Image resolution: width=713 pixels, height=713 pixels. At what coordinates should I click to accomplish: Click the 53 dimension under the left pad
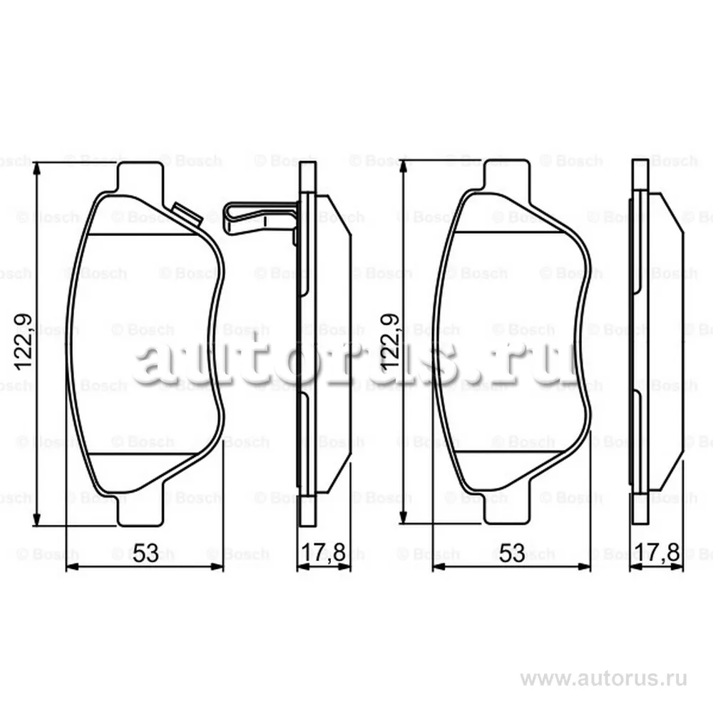click(145, 553)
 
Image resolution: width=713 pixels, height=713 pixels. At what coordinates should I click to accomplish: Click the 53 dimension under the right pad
click(512, 553)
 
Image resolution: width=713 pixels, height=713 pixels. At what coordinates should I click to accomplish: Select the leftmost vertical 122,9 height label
click(24, 343)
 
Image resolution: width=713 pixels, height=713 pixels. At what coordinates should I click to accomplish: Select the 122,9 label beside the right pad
click(391, 343)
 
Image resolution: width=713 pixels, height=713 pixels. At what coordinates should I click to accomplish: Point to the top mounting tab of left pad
click(140, 175)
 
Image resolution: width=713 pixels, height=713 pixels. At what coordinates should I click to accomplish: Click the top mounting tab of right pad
click(507, 175)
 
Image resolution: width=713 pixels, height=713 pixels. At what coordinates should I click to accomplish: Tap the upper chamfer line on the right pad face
click(507, 232)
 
